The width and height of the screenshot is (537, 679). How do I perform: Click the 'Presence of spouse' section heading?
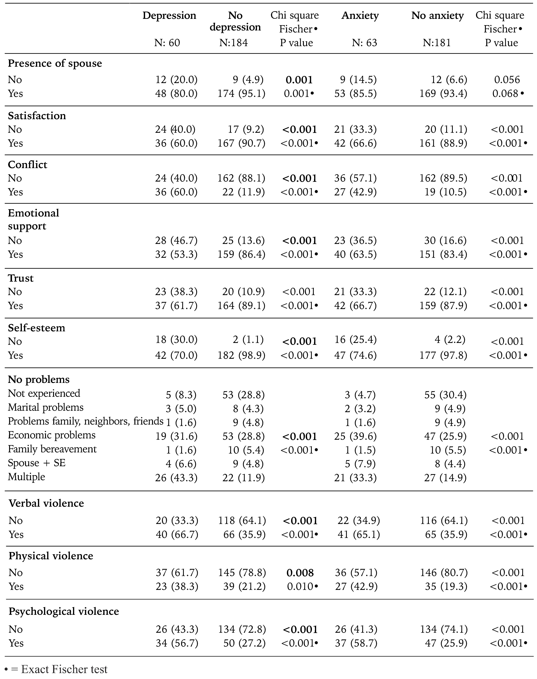pyautogui.click(x=55, y=64)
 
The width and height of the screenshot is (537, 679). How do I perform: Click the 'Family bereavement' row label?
pyautogui.click(x=52, y=449)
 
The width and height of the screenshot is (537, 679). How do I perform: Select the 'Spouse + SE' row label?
pyautogui.click(x=37, y=463)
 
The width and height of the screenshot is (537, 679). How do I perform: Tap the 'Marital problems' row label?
pyautogui.click(x=46, y=407)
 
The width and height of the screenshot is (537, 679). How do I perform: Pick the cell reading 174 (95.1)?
pyautogui.click(x=241, y=94)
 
